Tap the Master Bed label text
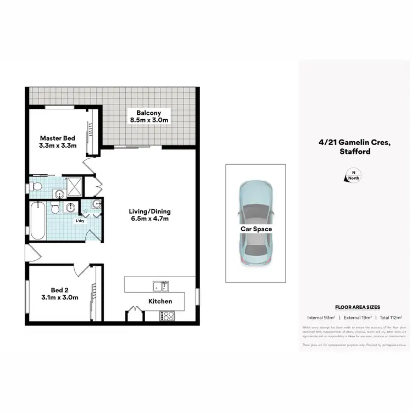coord(57,138)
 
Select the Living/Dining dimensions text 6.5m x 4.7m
coord(149,219)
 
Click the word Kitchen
coord(160,301)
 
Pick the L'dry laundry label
coord(80,221)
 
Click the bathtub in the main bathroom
coord(37,220)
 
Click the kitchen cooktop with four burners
coord(167,316)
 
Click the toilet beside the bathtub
coord(54,209)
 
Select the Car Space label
coord(255,229)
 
